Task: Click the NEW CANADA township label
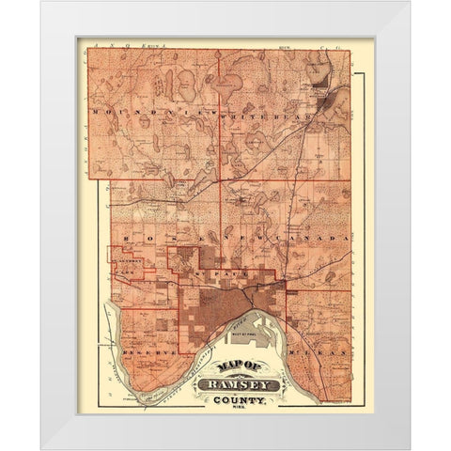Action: (278, 240)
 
